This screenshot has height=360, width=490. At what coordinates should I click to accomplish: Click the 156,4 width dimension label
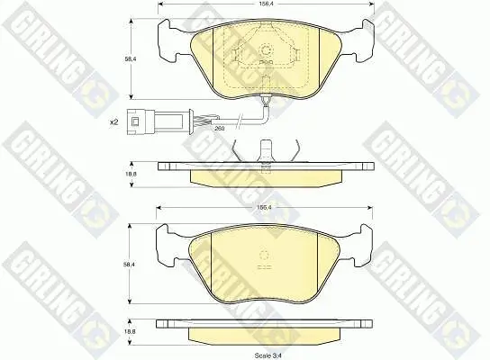(266, 4)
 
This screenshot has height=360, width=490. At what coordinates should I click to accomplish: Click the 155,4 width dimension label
(264, 207)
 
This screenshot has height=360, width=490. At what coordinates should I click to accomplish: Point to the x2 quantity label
(113, 122)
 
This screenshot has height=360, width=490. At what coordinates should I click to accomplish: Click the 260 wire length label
(220, 128)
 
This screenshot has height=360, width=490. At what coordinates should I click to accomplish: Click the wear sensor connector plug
(155, 121)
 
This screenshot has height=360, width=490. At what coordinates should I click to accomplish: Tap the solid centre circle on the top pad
(266, 49)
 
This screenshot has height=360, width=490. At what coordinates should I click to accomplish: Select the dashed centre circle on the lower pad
(265, 255)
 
